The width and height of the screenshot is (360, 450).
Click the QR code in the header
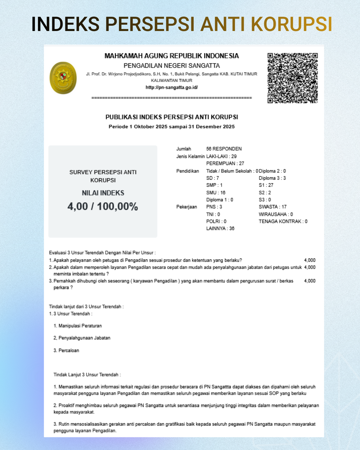click(x=292, y=78)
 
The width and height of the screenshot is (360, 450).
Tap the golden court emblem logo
click(x=63, y=78)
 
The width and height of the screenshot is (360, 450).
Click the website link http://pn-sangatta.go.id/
click(x=172, y=87)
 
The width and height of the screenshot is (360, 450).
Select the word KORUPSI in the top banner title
click(x=291, y=24)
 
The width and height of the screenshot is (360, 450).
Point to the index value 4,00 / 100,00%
click(x=103, y=206)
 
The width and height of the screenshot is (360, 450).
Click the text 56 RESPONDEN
click(x=224, y=149)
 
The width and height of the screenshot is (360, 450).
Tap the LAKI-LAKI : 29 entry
click(x=221, y=156)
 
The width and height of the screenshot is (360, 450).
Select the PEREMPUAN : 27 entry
click(x=225, y=163)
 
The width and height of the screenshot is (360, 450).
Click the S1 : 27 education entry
click(x=266, y=185)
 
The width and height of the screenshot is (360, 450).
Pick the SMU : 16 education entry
click(x=216, y=193)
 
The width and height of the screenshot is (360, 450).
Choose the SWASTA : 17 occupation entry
click(x=272, y=207)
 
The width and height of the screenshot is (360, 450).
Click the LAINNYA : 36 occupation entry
click(x=220, y=228)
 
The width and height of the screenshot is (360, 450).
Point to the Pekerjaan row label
click(x=186, y=207)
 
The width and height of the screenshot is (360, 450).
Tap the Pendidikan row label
click(x=187, y=171)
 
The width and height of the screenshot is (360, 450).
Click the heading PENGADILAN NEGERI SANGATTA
click(x=172, y=66)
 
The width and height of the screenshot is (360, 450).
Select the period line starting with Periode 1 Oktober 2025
click(x=172, y=127)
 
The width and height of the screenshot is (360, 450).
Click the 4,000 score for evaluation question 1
click(x=310, y=260)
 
